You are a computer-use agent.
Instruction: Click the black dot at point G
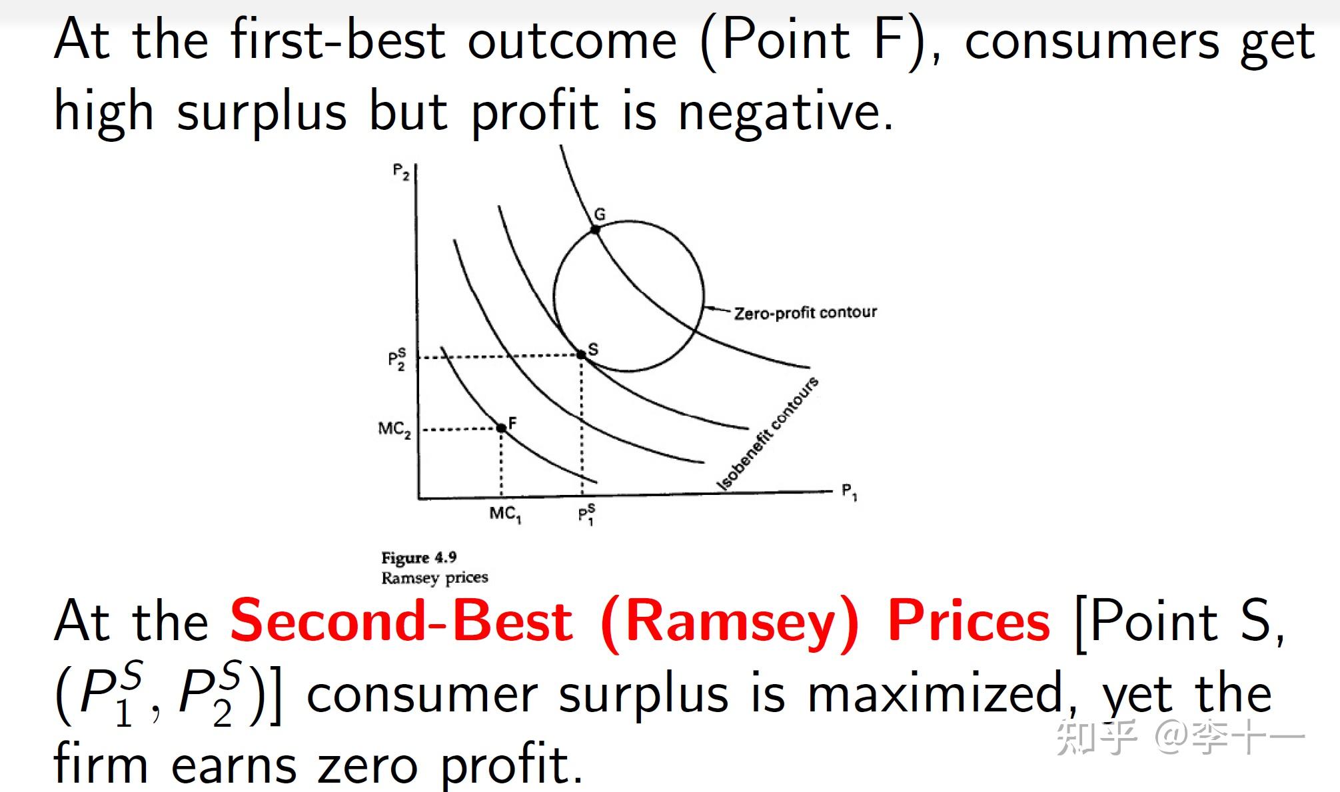click(x=596, y=230)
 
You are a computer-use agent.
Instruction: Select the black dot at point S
click(x=581, y=355)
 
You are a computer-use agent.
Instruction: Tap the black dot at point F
click(x=501, y=428)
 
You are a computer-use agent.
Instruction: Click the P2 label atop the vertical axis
click(x=400, y=172)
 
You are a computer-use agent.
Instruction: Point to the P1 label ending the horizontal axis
click(x=850, y=492)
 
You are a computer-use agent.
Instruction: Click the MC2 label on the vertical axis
click(x=394, y=429)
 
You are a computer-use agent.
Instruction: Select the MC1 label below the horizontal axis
click(x=505, y=514)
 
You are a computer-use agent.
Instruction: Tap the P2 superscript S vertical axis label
click(x=397, y=360)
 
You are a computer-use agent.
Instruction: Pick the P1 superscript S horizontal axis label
click(x=586, y=515)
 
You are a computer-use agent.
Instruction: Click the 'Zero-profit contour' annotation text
click(x=806, y=312)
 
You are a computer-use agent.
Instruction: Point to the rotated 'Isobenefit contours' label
click(x=768, y=433)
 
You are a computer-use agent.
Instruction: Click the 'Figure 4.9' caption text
click(x=419, y=558)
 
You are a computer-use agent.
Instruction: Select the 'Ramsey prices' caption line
click(x=434, y=578)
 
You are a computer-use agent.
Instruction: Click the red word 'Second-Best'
click(x=401, y=621)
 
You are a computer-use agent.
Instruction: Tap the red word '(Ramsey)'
click(x=730, y=623)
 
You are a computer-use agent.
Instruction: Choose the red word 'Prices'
click(x=970, y=621)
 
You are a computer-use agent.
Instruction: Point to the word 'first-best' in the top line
click(x=338, y=39)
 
